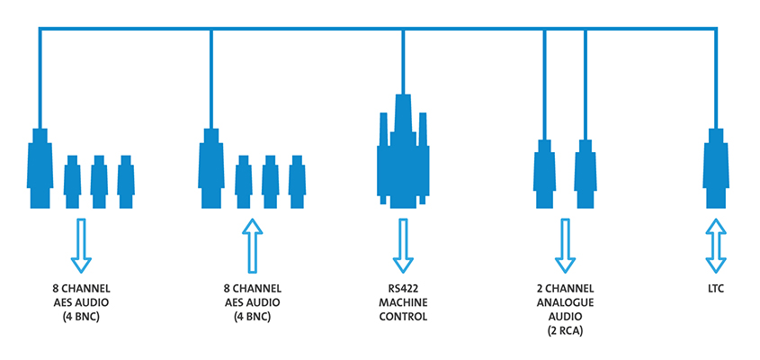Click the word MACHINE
(x=402, y=303)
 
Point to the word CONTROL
(x=402, y=317)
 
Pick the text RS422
(x=402, y=290)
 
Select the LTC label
(x=716, y=290)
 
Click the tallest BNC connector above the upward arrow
(x=210, y=169)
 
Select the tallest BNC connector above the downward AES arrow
(x=39, y=169)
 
